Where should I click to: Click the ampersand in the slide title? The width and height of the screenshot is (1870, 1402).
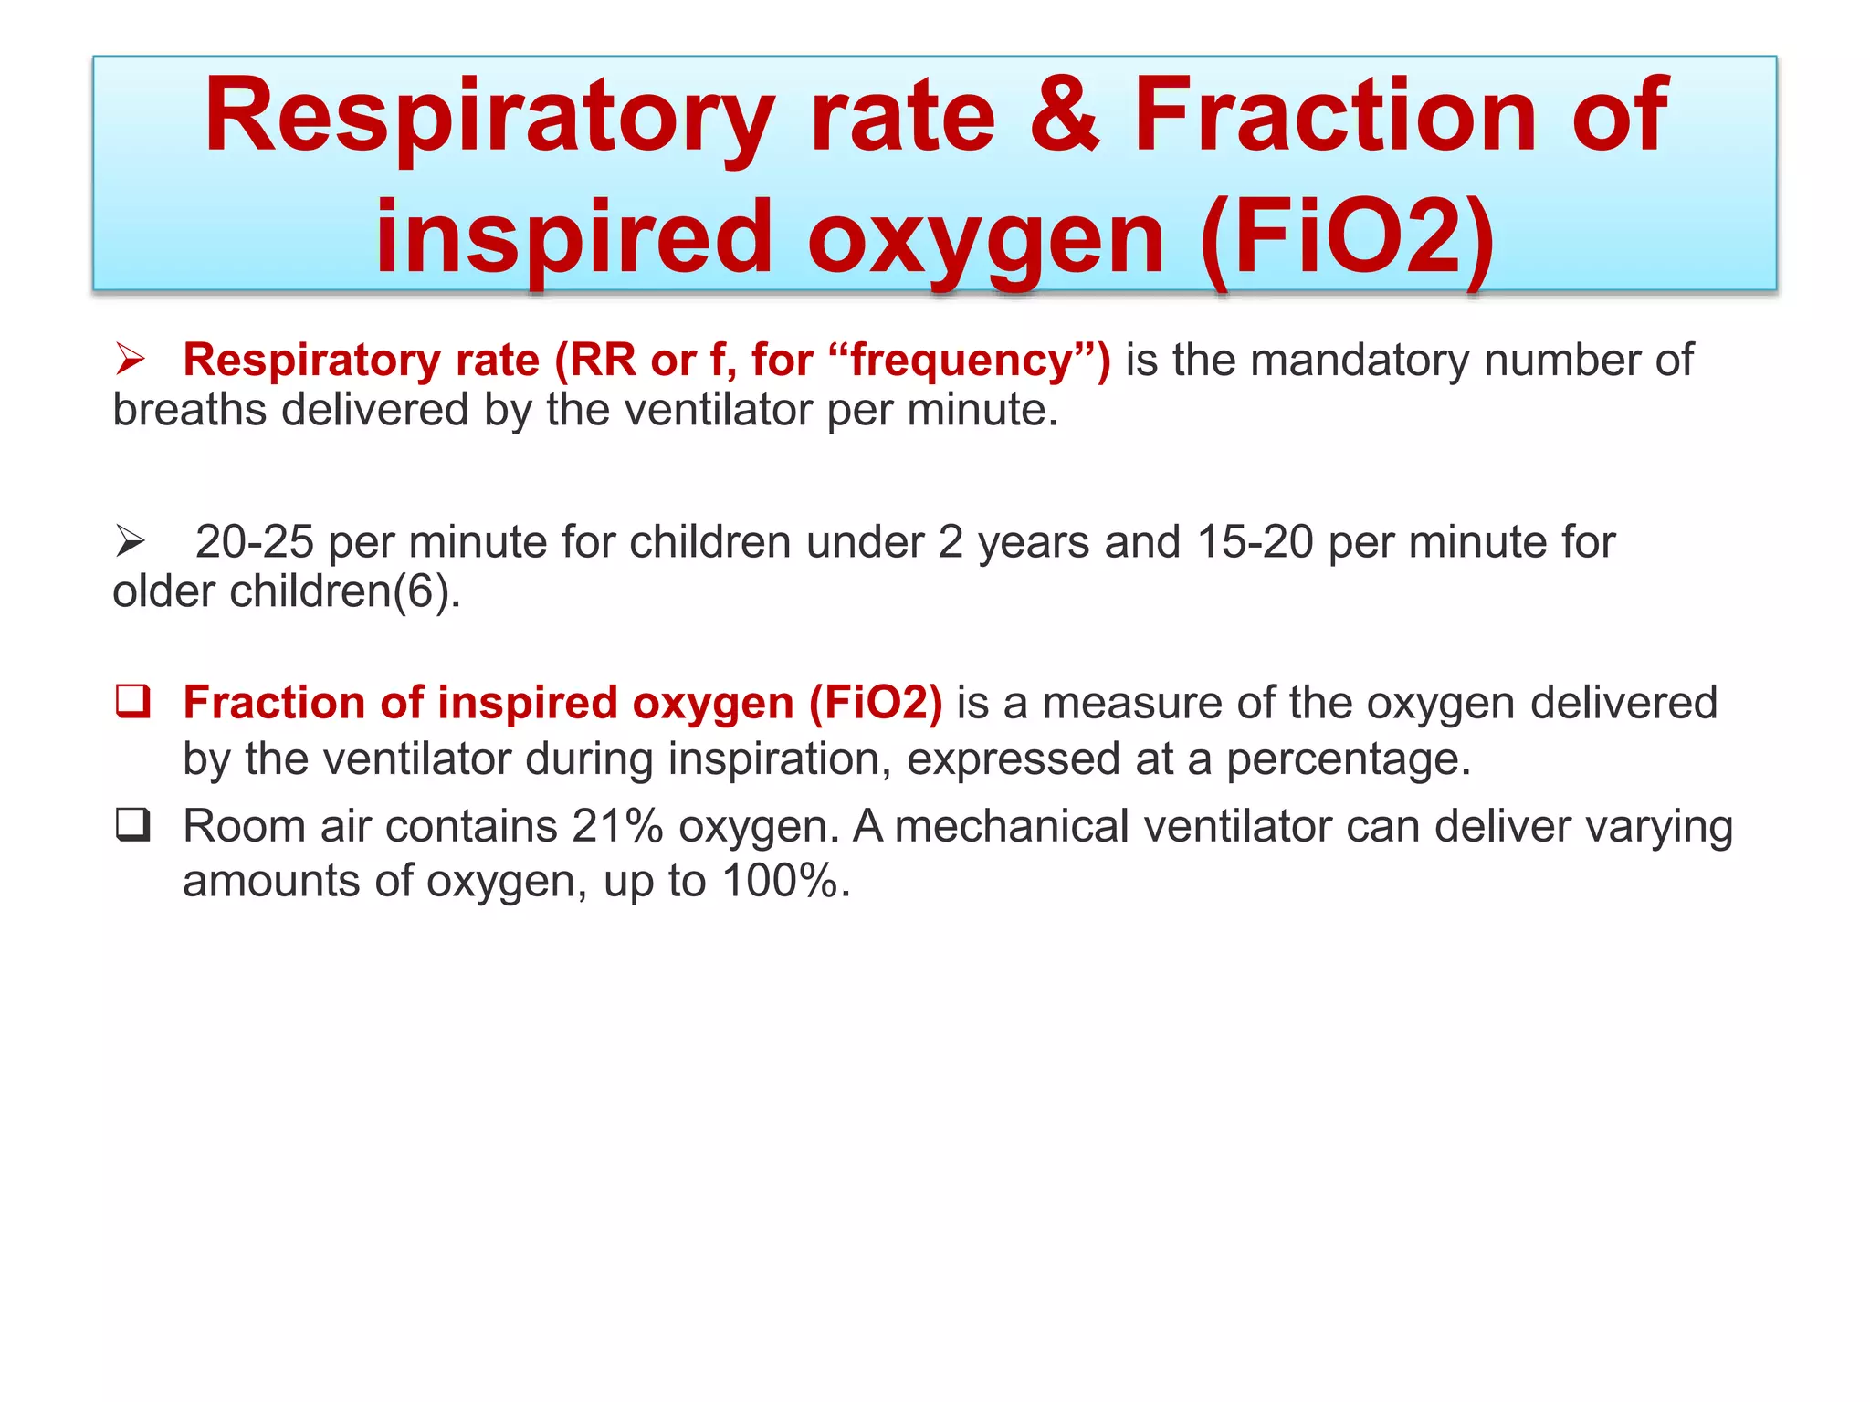click(1065, 116)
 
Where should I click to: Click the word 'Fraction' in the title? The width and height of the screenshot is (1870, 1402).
click(1334, 116)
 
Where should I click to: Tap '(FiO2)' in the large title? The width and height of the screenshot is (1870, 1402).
click(1348, 238)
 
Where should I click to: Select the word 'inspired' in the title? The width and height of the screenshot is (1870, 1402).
click(574, 238)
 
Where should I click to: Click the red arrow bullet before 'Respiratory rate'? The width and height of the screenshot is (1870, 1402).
click(131, 360)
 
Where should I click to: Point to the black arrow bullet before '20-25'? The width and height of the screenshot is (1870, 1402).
click(131, 542)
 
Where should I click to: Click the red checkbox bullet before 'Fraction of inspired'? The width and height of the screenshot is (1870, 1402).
click(133, 702)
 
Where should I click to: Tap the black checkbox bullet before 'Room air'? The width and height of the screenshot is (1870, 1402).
click(133, 825)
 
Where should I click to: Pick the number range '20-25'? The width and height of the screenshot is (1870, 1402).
click(255, 542)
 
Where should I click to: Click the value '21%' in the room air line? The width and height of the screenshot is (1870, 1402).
click(617, 826)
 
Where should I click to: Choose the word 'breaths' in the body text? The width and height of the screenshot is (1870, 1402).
click(190, 410)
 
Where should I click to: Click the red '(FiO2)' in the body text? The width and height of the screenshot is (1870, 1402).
click(875, 703)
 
